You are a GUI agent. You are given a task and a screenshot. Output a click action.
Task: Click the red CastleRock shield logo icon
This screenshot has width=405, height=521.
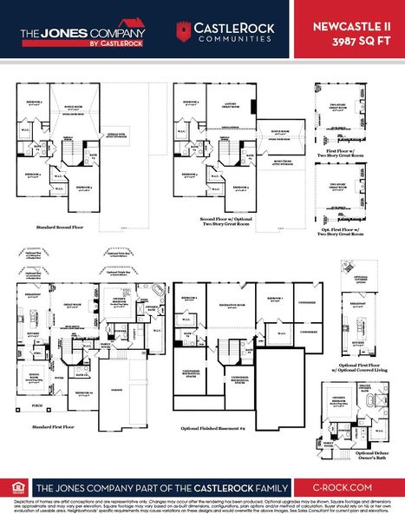point(183,33)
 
